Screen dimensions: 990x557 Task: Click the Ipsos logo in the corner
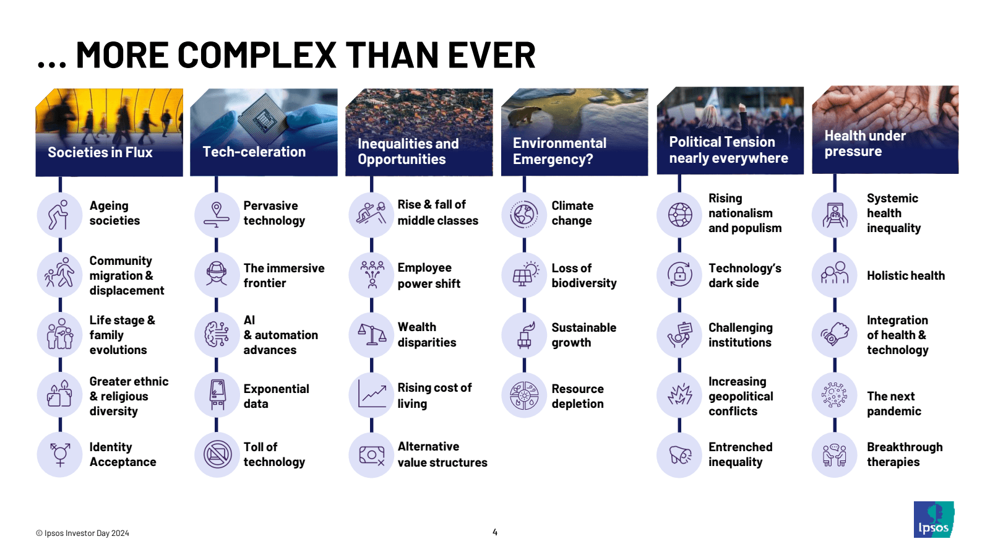934,519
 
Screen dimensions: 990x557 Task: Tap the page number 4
495,532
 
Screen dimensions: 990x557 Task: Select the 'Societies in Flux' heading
100,152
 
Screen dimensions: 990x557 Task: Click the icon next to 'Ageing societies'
60,215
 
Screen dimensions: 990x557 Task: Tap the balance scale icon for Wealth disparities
372,335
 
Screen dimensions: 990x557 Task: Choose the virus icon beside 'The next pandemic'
835,395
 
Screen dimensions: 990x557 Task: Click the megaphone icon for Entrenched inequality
680,455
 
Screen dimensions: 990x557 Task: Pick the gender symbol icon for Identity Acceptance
60,455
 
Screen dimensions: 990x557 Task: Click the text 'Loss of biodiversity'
584,275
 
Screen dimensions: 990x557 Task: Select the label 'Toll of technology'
274,454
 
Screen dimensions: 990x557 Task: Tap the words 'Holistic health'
906,275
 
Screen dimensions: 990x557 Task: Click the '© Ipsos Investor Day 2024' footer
83,533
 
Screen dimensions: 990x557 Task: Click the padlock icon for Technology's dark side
680,275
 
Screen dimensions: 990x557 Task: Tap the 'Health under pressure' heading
865,143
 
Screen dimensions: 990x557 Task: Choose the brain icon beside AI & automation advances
217,335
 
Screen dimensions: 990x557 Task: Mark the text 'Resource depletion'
577,396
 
